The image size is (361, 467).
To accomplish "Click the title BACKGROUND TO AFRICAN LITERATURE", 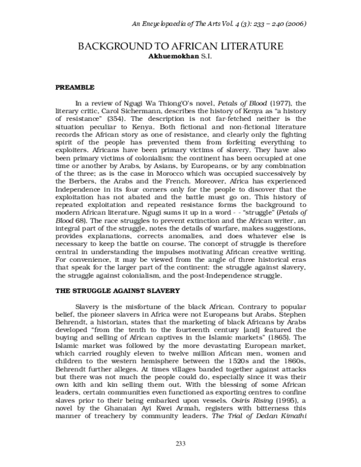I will [180, 47].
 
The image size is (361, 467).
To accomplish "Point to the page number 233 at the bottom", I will [180, 444].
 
